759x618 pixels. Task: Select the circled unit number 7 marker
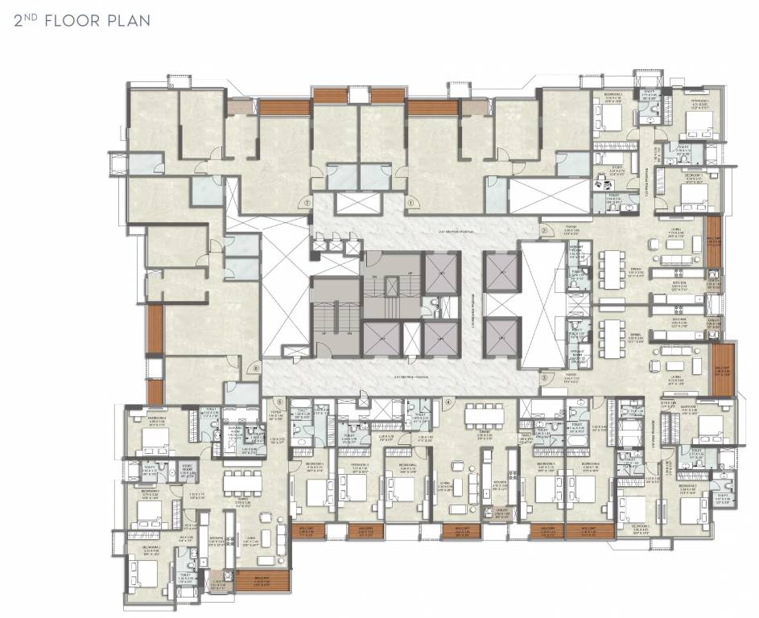point(307,204)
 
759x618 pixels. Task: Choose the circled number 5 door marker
point(279,401)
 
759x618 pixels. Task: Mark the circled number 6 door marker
point(256,369)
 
